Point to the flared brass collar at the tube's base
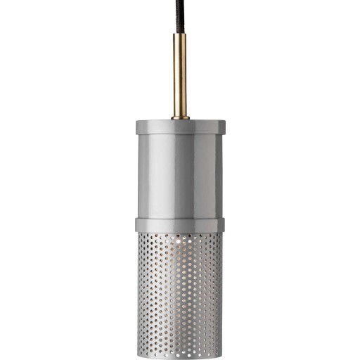(180, 115)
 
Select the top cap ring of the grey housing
(180, 127)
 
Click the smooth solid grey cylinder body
(180, 176)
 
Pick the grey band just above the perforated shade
(180, 225)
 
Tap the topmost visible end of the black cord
(173, 1)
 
